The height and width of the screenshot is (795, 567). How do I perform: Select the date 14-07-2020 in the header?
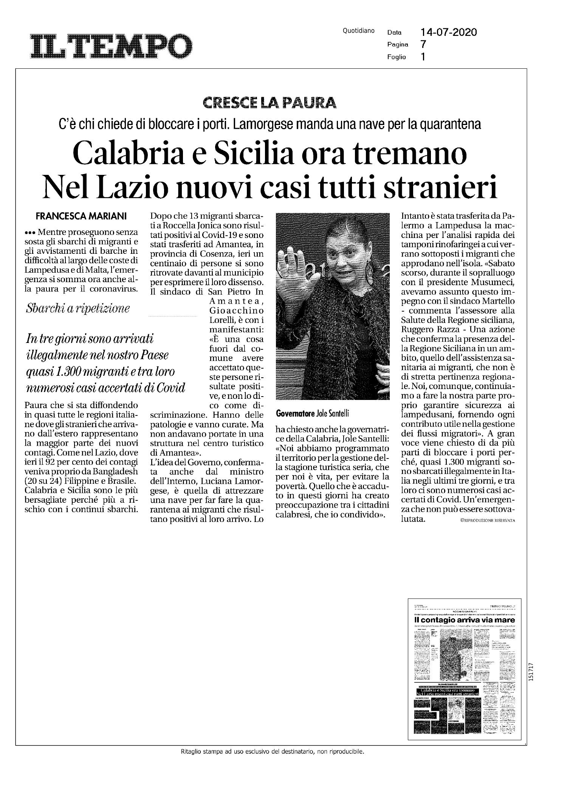pos(449,32)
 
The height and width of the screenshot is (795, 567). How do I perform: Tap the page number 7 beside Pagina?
pos(423,45)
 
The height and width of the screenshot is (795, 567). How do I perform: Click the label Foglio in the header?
pos(396,57)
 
